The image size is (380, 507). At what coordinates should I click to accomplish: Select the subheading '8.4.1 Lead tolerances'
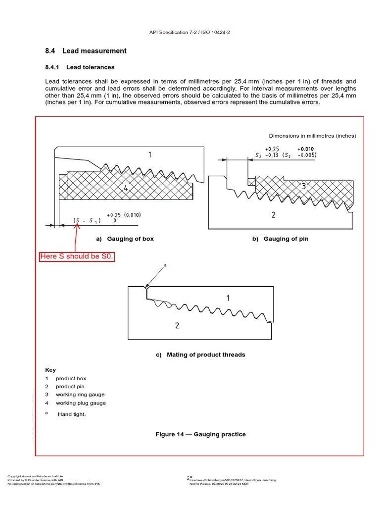click(x=80, y=67)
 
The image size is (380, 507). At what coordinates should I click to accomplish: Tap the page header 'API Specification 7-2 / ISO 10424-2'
click(x=190, y=32)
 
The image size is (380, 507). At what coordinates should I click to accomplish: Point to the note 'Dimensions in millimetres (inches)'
click(x=312, y=136)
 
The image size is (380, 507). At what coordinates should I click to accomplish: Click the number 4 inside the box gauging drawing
click(x=126, y=188)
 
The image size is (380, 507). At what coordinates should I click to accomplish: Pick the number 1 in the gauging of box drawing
click(x=150, y=155)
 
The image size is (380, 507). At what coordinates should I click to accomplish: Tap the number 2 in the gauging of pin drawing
click(x=273, y=214)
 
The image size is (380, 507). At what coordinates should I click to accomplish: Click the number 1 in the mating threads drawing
click(x=228, y=298)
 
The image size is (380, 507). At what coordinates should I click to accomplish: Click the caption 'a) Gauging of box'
click(x=125, y=239)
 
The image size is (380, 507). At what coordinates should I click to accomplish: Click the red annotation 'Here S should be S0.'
click(x=77, y=256)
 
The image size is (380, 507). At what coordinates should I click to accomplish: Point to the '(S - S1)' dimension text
click(x=87, y=220)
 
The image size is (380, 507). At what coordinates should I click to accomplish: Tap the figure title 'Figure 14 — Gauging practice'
click(x=200, y=434)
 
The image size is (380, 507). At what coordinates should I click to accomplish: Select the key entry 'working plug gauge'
click(x=80, y=403)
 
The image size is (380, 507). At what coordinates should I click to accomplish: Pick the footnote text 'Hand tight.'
click(x=72, y=414)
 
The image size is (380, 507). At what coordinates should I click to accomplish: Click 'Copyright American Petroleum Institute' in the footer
click(x=35, y=476)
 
